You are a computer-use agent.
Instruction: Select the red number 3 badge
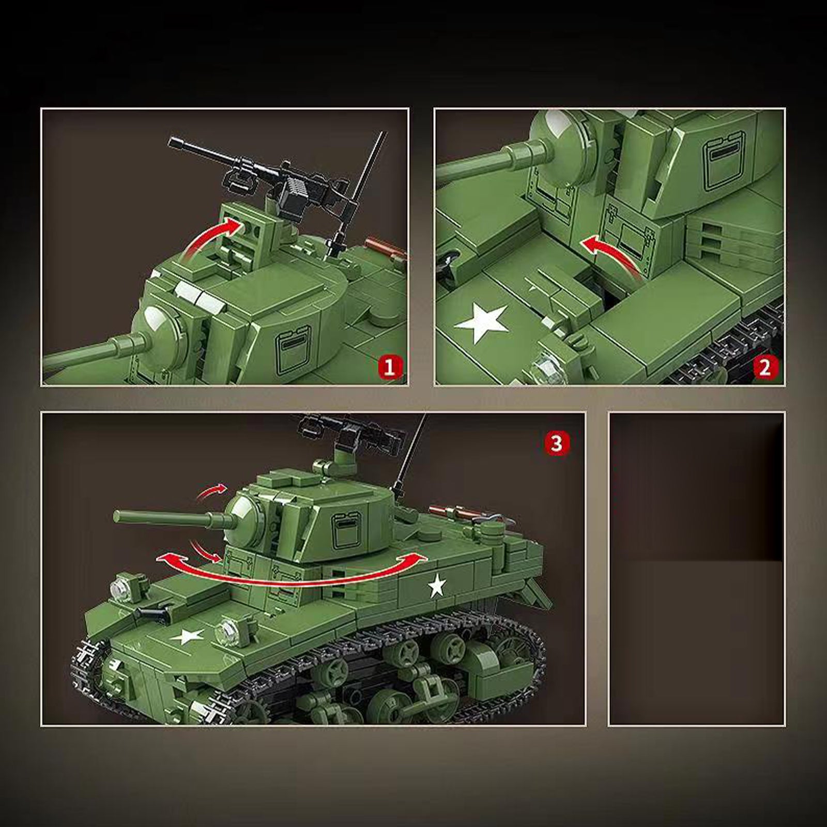click(x=556, y=443)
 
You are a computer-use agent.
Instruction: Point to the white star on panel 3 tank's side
click(x=437, y=585)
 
